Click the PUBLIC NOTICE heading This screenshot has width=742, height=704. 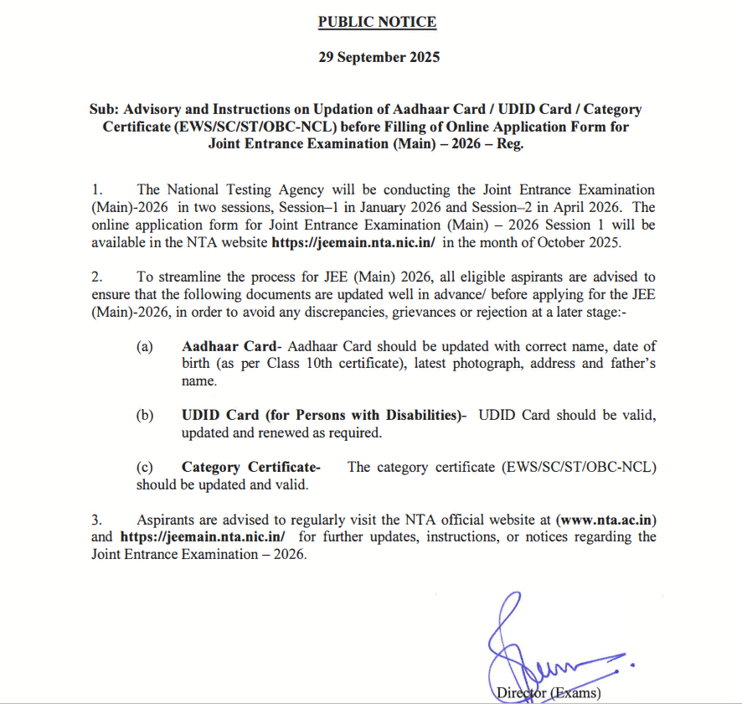point(377,22)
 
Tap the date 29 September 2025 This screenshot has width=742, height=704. point(379,58)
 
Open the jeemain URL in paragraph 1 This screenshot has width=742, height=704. point(353,243)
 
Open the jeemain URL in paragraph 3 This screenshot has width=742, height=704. point(204,536)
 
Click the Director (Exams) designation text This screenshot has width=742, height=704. point(548,692)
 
